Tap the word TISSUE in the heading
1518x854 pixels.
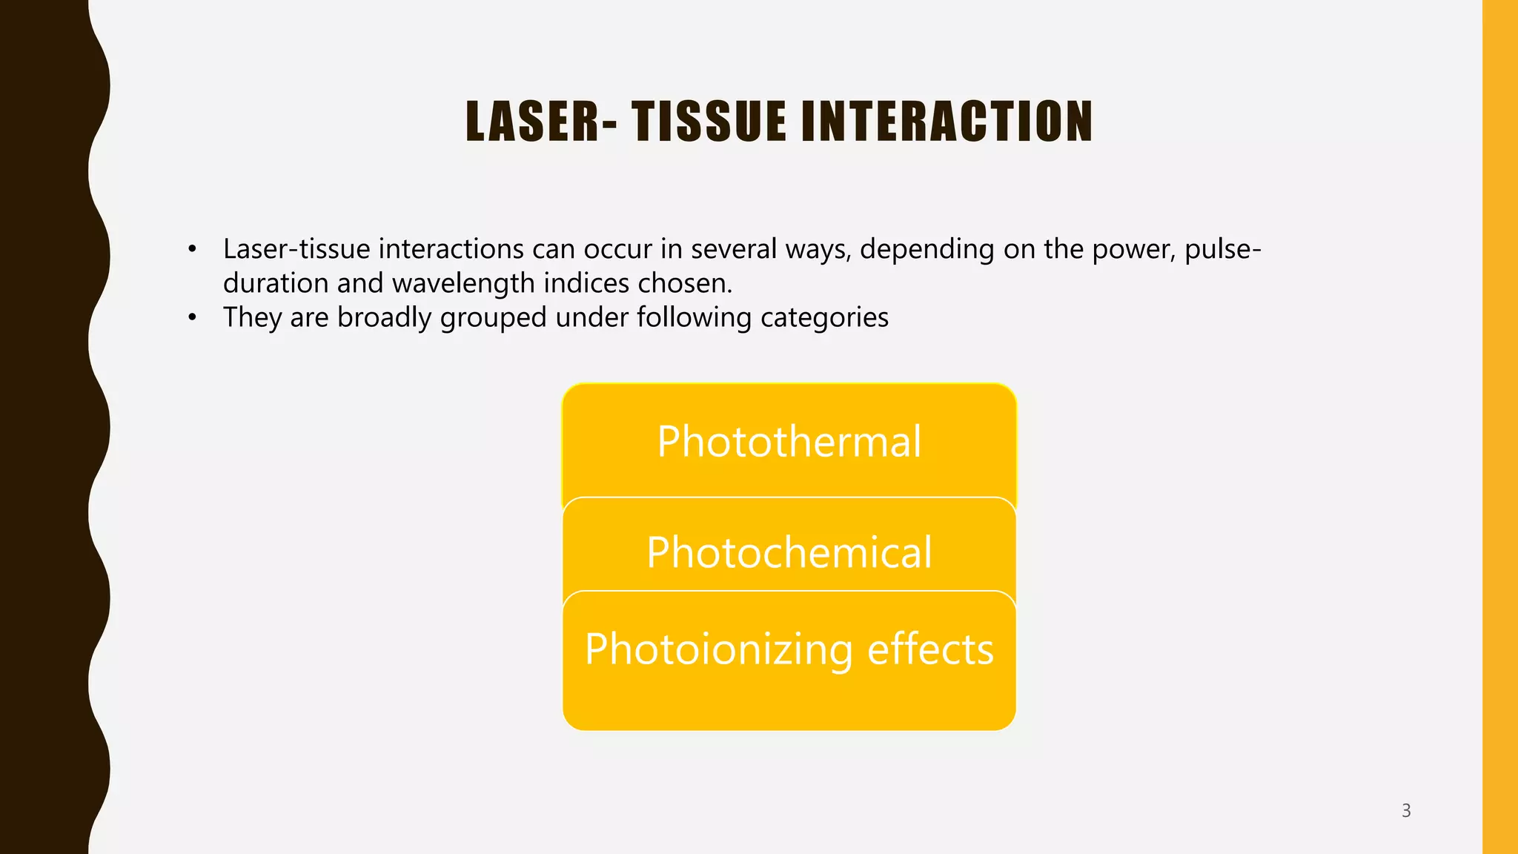click(x=709, y=122)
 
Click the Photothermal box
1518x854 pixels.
click(x=789, y=442)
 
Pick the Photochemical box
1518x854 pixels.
click(x=789, y=552)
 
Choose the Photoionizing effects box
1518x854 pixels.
click(x=789, y=649)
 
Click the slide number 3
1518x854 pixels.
click(x=1406, y=810)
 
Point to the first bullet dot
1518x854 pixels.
click(x=192, y=250)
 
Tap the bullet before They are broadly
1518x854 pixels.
click(x=192, y=318)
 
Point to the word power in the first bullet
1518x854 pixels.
click(x=1132, y=250)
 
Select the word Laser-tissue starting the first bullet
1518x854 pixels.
click(x=296, y=250)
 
